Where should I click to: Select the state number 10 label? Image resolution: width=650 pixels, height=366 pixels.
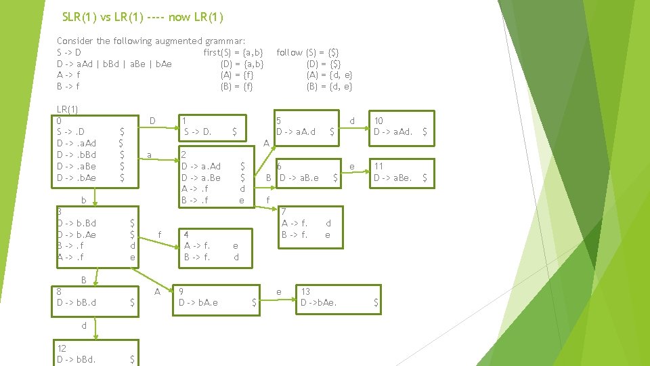coord(378,121)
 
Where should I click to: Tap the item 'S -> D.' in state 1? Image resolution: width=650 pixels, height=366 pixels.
coord(198,131)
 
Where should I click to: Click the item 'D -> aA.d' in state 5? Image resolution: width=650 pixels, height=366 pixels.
coord(296,131)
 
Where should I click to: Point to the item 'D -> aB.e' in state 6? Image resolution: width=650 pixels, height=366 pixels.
coord(299,178)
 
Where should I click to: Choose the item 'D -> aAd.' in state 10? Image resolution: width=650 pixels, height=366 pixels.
coord(393,131)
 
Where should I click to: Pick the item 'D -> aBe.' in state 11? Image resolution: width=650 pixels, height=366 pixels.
coord(393,178)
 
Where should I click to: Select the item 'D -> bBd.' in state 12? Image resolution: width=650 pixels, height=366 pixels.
coord(77,359)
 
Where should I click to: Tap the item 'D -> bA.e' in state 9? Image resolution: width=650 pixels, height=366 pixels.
coord(199,303)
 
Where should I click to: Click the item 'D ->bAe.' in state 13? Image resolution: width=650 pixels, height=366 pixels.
coord(319,303)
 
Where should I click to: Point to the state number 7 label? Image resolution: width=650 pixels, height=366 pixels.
coord(284,212)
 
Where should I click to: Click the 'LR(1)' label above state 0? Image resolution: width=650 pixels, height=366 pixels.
coord(68,109)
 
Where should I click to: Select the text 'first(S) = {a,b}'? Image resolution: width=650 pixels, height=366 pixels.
coord(233,52)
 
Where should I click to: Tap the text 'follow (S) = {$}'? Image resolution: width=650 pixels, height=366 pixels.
coord(308,52)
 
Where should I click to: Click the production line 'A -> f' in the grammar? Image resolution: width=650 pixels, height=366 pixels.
coord(68,75)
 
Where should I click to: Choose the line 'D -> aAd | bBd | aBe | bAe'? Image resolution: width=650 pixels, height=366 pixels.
coord(114,64)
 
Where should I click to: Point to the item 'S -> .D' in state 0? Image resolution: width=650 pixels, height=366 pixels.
coord(71,131)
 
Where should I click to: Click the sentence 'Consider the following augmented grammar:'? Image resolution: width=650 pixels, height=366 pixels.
coord(151,41)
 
